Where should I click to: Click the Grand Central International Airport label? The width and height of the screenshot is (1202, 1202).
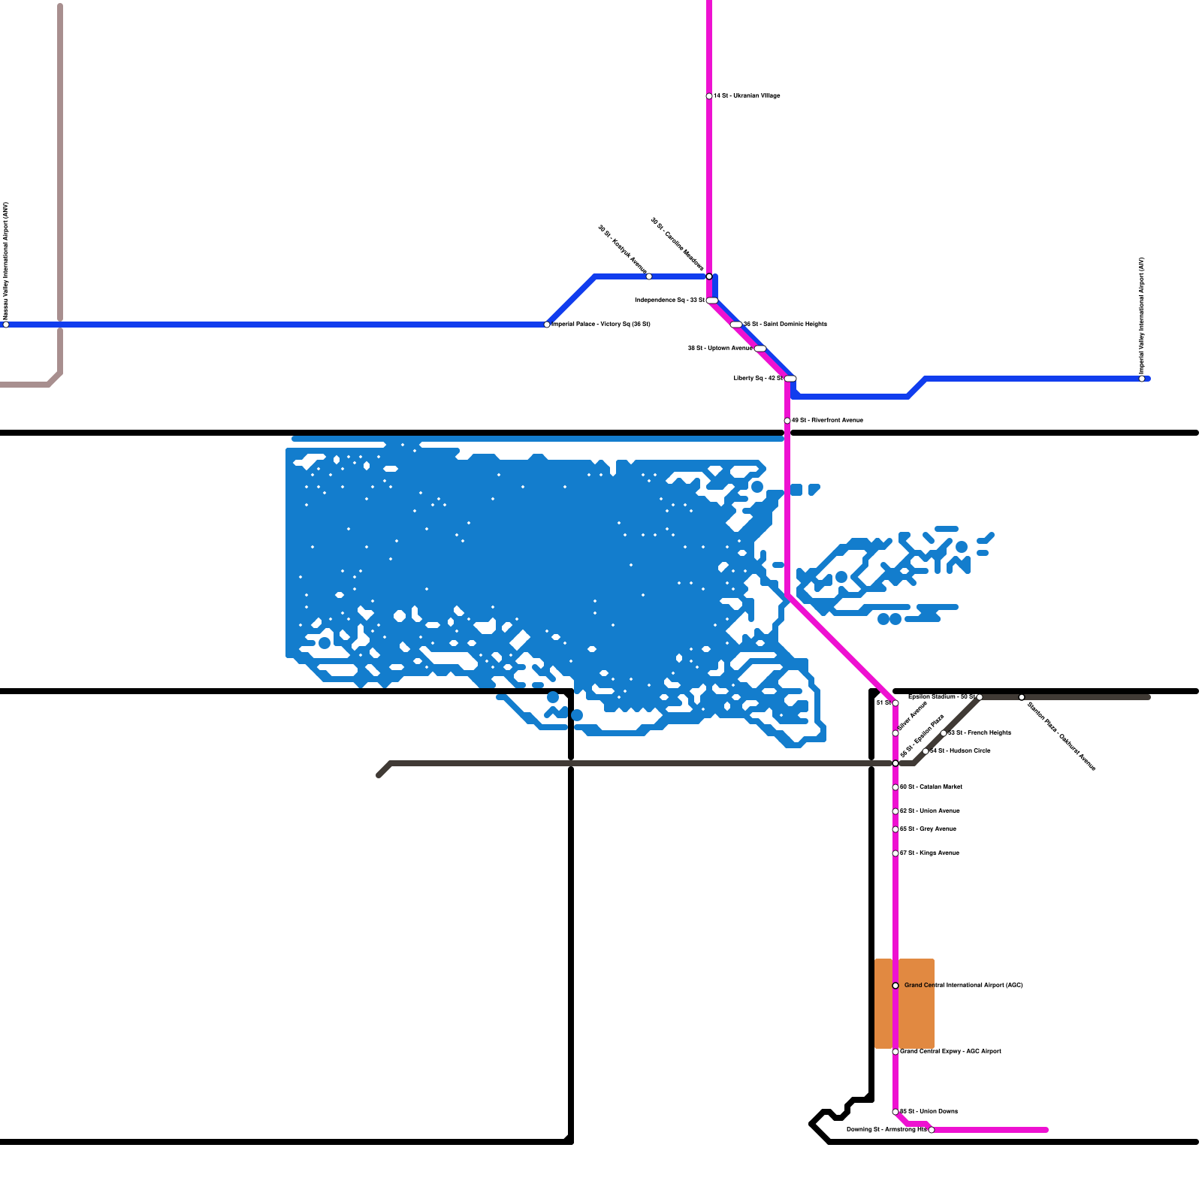pyautogui.click(x=963, y=985)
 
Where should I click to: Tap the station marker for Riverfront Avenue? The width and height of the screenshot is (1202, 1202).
pyautogui.click(x=787, y=421)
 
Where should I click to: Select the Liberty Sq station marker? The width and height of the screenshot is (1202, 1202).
pyautogui.click(x=790, y=379)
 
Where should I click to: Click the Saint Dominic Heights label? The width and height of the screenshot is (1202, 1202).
pyautogui.click(x=785, y=325)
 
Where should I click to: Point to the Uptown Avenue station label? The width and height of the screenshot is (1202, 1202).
pyautogui.click(x=720, y=349)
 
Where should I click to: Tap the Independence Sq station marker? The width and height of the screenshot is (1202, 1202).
pyautogui.click(x=712, y=300)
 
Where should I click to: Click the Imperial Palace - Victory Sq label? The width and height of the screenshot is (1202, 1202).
pyautogui.click(x=601, y=325)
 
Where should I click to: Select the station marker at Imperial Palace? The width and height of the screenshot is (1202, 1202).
pyautogui.click(x=547, y=325)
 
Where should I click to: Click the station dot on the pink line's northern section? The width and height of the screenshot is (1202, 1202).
pyautogui.click(x=709, y=96)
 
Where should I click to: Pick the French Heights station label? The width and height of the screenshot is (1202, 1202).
pyautogui.click(x=980, y=732)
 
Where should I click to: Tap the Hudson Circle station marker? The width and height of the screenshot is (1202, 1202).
pyautogui.click(x=926, y=751)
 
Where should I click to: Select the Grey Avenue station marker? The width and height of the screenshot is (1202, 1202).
pyautogui.click(x=895, y=829)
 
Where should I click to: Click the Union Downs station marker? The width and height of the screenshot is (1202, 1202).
pyautogui.click(x=895, y=1112)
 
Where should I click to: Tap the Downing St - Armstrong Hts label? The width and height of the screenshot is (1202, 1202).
pyautogui.click(x=886, y=1130)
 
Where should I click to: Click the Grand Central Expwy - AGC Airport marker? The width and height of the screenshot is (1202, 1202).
pyautogui.click(x=895, y=1052)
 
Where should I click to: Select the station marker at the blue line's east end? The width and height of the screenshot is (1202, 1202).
pyautogui.click(x=1142, y=379)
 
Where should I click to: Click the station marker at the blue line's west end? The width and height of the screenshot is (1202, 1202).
pyautogui.click(x=6, y=325)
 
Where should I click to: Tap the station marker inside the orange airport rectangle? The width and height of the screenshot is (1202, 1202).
pyautogui.click(x=895, y=986)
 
